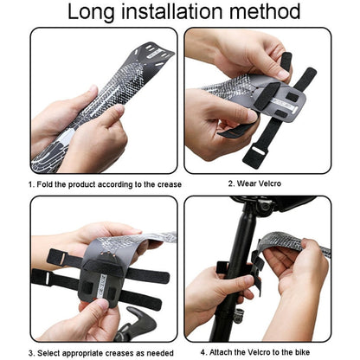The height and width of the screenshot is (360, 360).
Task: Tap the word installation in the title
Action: [178, 12]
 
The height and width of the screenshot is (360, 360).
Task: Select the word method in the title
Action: [268, 12]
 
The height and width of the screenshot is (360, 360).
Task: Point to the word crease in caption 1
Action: [151, 184]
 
